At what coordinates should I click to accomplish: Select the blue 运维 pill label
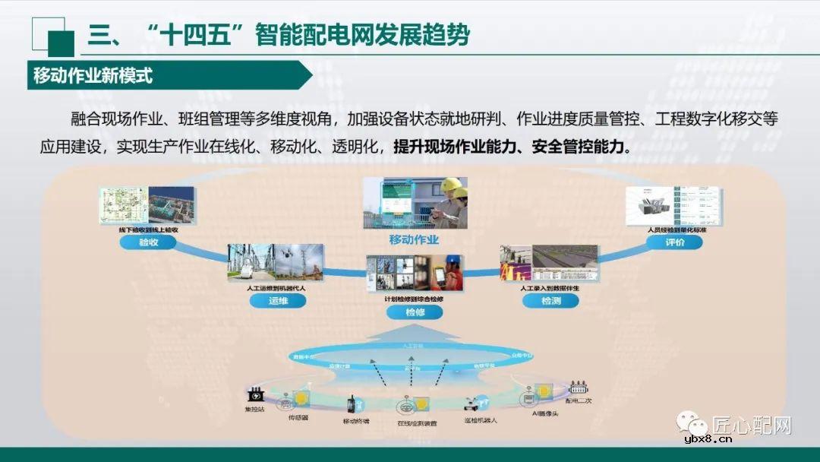pyautogui.click(x=277, y=301)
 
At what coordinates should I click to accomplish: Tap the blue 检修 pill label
pyautogui.click(x=414, y=312)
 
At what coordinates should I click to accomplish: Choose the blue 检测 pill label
pyautogui.click(x=550, y=301)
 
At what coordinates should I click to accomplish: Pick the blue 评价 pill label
pyautogui.click(x=674, y=242)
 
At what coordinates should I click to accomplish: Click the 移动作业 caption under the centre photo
pyautogui.click(x=414, y=240)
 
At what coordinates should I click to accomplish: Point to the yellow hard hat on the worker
pyautogui.click(x=453, y=185)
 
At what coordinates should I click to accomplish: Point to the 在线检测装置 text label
pyautogui.click(x=417, y=423)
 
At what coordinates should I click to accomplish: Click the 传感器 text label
pyautogui.click(x=298, y=417)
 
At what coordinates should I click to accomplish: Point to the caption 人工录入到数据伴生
pyautogui.click(x=550, y=290)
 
